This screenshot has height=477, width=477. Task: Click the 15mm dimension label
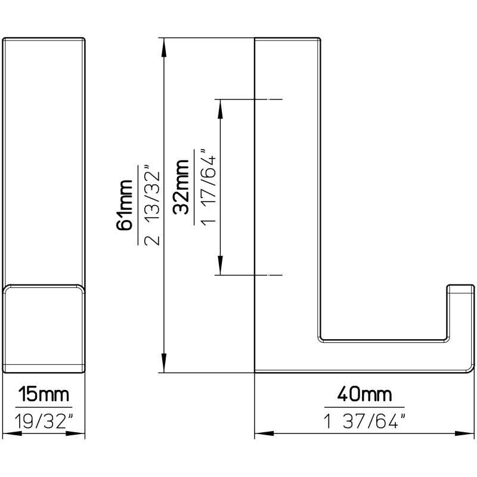(44, 394)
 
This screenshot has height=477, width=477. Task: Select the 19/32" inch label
(44, 422)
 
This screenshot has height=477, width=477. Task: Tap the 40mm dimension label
(364, 394)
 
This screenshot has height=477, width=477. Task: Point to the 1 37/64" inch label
(364, 422)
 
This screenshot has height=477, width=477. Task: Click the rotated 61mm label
(125, 205)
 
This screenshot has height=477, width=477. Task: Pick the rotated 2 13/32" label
(151, 205)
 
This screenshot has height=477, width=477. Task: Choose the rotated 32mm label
(181, 187)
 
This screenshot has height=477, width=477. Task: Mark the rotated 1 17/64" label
(208, 187)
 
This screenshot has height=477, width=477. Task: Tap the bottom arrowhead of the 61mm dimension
(164, 363)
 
